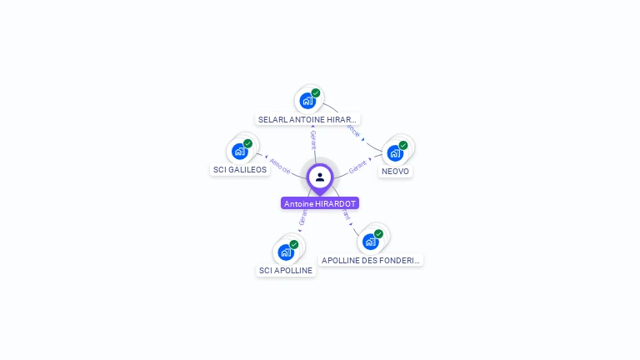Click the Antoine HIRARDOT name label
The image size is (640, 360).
320,203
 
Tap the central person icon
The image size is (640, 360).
320,177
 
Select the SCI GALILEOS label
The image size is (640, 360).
240,169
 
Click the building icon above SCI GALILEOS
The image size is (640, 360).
240,151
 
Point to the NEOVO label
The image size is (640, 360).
395,171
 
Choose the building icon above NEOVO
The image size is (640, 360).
395,152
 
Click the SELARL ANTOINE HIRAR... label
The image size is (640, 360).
307,119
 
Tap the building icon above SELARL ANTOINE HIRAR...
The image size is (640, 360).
307,101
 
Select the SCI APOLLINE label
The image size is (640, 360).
286,270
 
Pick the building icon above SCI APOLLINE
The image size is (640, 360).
286,252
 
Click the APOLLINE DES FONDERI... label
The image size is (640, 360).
372,260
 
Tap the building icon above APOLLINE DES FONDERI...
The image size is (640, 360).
371,242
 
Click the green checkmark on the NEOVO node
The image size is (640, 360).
403,145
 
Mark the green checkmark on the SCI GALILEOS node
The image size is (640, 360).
247,143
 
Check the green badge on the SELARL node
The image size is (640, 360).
316,93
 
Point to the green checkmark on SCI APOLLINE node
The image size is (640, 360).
294,244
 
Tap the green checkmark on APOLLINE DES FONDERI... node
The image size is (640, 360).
378,234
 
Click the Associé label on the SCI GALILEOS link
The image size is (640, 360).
280,166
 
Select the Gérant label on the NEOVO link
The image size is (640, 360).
358,166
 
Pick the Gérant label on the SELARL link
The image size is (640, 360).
313,140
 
